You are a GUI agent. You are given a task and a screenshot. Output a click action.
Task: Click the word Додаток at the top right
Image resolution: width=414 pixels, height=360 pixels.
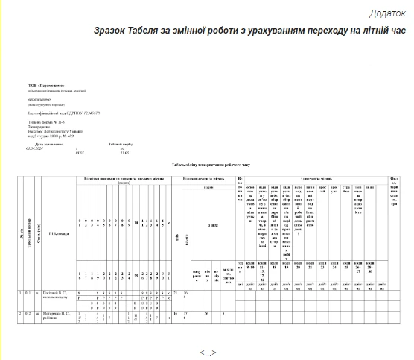[386, 13]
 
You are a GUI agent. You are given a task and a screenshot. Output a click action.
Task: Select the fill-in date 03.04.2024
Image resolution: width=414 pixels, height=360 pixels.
[35, 148]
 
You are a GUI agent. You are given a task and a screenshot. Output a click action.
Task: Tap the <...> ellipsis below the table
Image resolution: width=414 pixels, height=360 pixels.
[207, 352]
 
